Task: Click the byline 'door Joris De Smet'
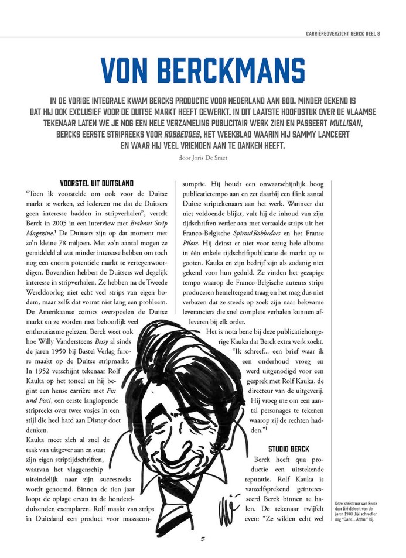click(x=203, y=156)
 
